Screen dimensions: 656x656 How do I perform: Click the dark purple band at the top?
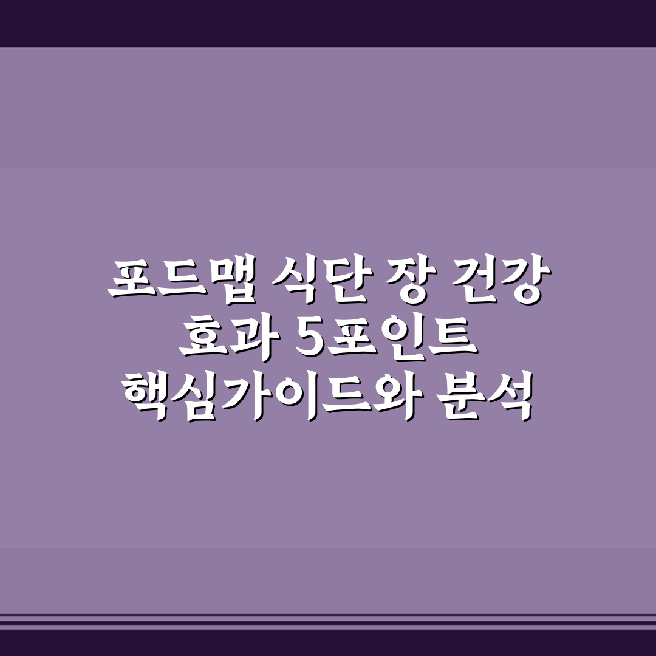click(x=328, y=23)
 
